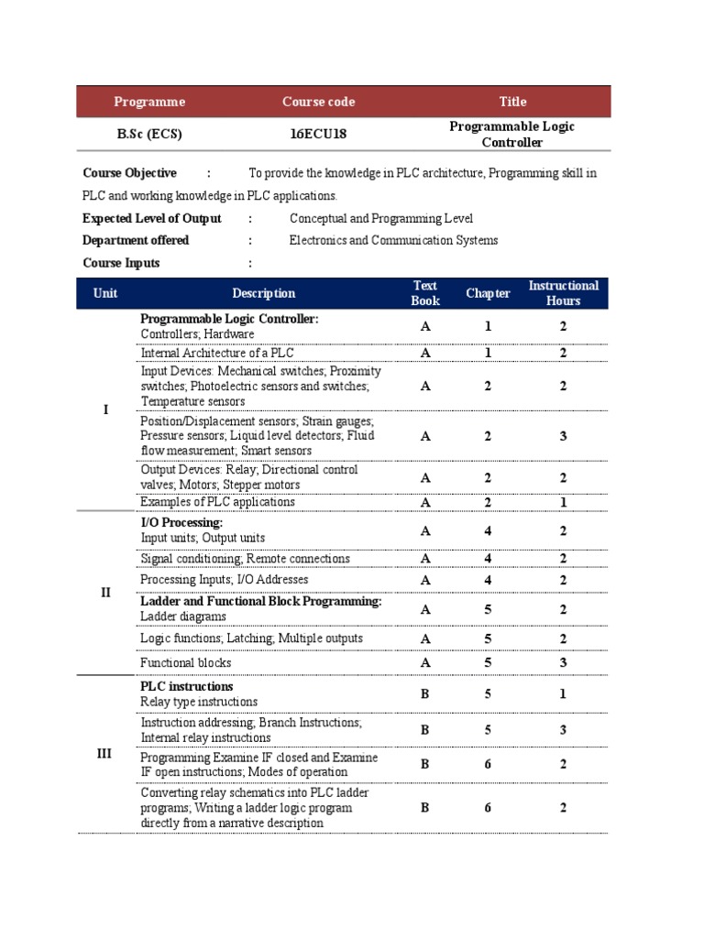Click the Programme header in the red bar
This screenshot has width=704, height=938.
click(149, 102)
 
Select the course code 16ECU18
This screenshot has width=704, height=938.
click(318, 134)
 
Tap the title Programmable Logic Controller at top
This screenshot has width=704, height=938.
click(511, 134)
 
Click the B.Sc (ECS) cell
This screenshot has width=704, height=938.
click(149, 134)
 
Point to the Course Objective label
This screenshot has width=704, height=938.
click(129, 173)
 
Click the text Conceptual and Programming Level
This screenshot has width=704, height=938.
click(381, 218)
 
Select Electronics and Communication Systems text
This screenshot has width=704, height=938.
click(393, 240)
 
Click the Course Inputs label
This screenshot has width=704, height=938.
click(121, 263)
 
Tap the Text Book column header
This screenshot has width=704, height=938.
click(425, 293)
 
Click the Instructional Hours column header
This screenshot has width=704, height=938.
click(563, 293)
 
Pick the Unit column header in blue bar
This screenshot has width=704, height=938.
click(105, 293)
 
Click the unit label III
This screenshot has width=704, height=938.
click(104, 753)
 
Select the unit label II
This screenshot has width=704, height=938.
click(105, 593)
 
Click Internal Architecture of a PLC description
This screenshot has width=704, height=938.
click(217, 353)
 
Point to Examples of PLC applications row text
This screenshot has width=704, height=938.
click(217, 502)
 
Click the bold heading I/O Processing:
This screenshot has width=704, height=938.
click(181, 522)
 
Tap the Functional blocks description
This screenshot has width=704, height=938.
click(186, 662)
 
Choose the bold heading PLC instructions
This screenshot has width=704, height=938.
click(187, 686)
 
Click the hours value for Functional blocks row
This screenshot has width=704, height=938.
click(563, 662)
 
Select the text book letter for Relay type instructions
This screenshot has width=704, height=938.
click(425, 694)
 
